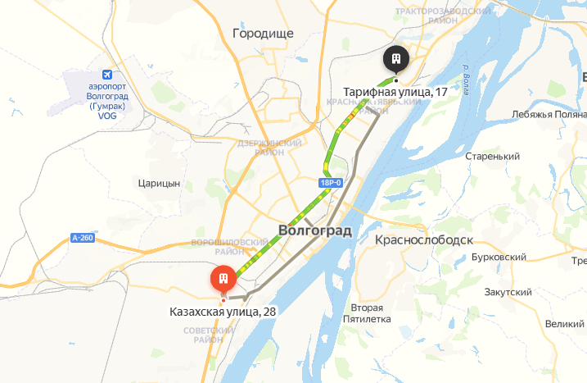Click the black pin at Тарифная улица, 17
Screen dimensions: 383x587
[395, 58]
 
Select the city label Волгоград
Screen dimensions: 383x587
[315, 230]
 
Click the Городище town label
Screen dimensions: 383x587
[263, 34]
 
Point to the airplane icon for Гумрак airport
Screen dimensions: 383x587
[102, 73]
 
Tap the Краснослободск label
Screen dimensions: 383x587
[424, 240]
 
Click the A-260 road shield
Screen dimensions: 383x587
[83, 238]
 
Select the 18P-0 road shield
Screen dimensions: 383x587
[331, 182]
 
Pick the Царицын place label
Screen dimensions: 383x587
[160, 184]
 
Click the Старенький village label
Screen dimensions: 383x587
[492, 156]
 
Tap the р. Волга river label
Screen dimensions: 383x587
[464, 80]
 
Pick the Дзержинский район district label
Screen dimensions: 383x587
[260, 147]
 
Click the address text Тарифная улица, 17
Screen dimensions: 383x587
[395, 92]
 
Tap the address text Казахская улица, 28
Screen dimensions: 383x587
[223, 312]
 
